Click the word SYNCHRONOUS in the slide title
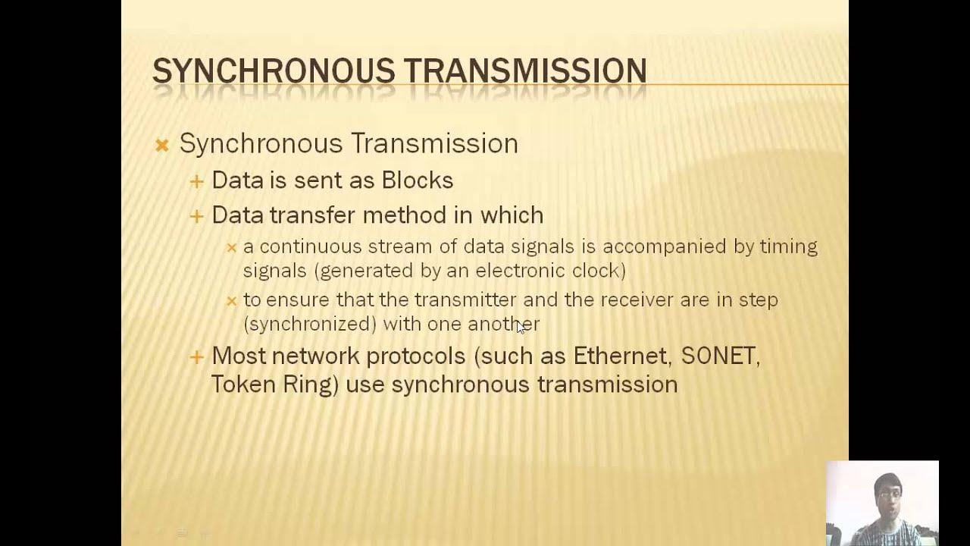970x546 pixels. click(x=274, y=71)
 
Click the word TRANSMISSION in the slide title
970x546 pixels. click(x=524, y=71)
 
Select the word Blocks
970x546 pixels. click(x=418, y=180)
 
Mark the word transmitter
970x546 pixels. click(x=465, y=300)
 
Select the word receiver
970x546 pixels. click(x=638, y=300)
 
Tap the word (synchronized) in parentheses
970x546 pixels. click(x=310, y=324)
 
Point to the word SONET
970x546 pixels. click(x=720, y=356)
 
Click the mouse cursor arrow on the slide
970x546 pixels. click(x=520, y=327)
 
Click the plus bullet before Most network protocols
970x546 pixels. click(x=197, y=356)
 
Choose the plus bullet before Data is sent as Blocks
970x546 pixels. click(x=197, y=181)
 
